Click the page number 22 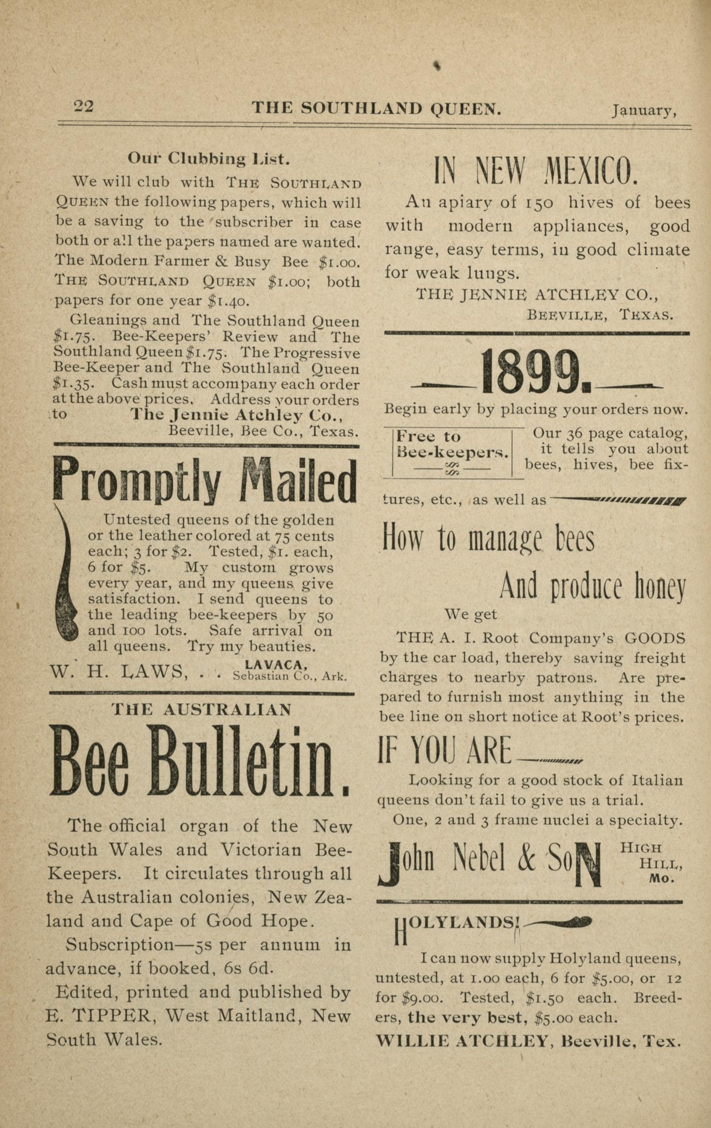point(84,106)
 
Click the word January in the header point(643,110)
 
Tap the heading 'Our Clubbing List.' point(209,159)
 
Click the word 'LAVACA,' point(276,664)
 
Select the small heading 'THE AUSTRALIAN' point(202,709)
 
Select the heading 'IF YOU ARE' point(445,750)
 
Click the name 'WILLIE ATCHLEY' point(463,1042)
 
